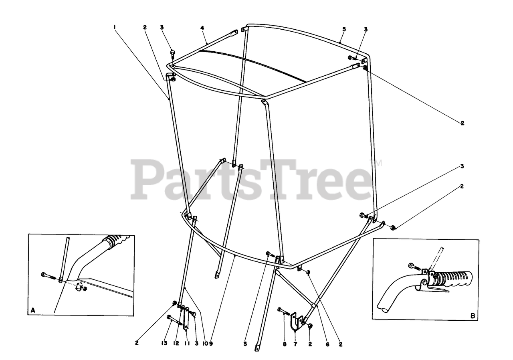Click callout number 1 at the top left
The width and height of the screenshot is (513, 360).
pyautogui.click(x=115, y=27)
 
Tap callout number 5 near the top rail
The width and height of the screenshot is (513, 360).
pyautogui.click(x=344, y=29)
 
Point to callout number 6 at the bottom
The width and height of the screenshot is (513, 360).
pyautogui.click(x=327, y=344)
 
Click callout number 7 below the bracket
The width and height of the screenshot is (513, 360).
pyautogui.click(x=295, y=344)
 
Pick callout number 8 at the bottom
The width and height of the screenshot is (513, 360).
pyautogui.click(x=284, y=344)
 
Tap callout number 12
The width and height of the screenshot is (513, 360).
pyautogui.click(x=176, y=344)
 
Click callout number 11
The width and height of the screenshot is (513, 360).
pyautogui.click(x=186, y=344)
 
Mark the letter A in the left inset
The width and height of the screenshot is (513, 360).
pyautogui.click(x=33, y=310)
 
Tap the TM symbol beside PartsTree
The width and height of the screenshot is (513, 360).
pyautogui.click(x=378, y=163)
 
